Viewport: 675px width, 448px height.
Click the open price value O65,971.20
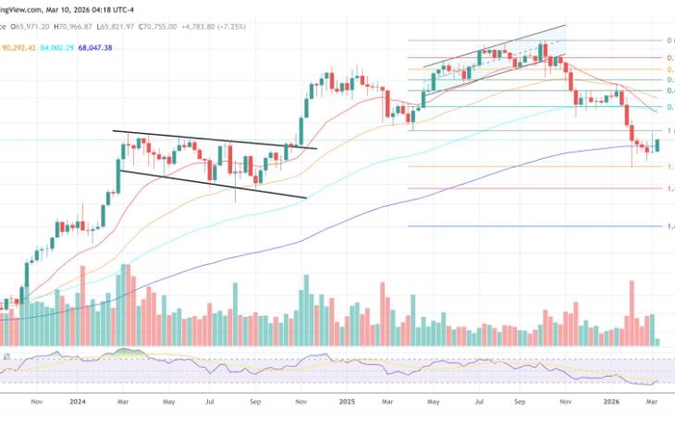[x=27, y=28]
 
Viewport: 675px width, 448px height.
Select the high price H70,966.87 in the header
[x=80, y=28]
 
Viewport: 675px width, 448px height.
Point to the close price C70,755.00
[x=189, y=28]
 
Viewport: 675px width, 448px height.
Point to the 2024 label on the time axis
[x=78, y=403]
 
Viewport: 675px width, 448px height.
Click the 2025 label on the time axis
[x=347, y=403]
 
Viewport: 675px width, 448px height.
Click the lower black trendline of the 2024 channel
[x=213, y=183]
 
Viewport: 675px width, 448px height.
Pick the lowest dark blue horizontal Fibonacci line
[x=536, y=226]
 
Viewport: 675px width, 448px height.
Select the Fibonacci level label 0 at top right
[x=669, y=41]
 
